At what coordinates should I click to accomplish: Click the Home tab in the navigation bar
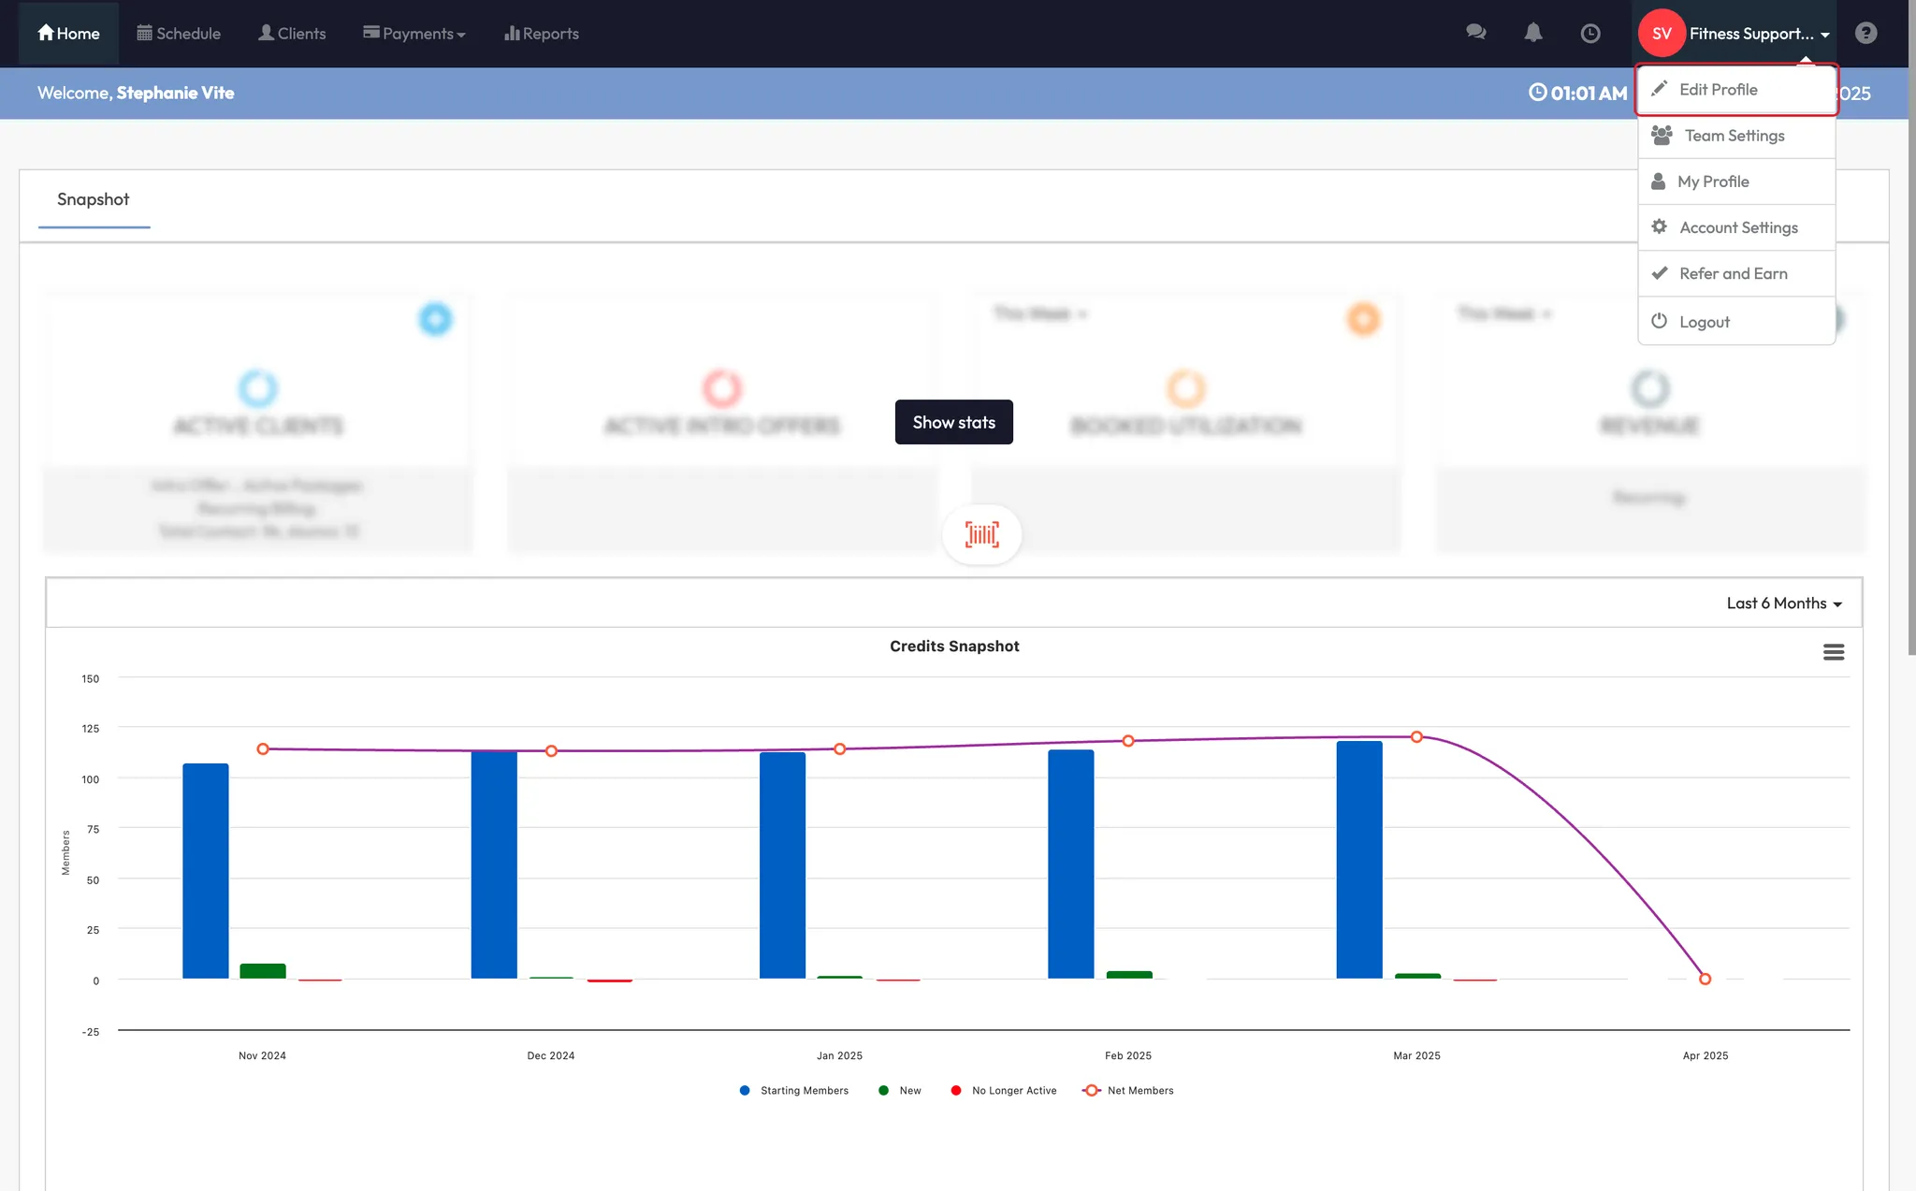(68, 34)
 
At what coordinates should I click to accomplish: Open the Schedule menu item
(179, 34)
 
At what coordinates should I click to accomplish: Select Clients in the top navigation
(292, 34)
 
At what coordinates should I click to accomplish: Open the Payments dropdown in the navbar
(414, 34)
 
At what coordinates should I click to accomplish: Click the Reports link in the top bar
(542, 34)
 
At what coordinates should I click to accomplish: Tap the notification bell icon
(1533, 34)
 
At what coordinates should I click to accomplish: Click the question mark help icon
(1865, 34)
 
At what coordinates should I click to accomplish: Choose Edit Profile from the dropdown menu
(1718, 90)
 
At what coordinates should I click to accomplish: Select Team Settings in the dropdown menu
(1734, 136)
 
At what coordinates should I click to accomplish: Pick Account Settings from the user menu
(1737, 227)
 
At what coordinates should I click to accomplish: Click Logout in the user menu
(1704, 322)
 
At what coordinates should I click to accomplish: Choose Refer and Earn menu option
(1733, 273)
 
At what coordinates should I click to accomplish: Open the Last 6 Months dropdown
(1783, 603)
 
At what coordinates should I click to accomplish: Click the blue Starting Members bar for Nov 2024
(206, 870)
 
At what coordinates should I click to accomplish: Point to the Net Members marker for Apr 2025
(1705, 979)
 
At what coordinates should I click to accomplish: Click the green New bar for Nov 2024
(263, 971)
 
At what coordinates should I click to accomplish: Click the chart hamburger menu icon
(1834, 652)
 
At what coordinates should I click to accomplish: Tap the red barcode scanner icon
(982, 534)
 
